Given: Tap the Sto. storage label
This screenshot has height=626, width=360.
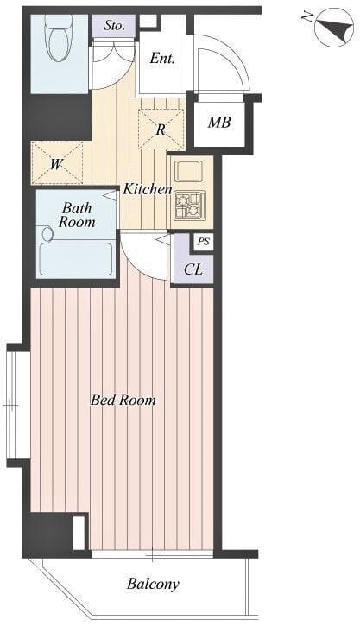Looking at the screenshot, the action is (115, 26).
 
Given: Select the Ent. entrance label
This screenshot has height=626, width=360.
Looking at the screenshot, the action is (162, 59).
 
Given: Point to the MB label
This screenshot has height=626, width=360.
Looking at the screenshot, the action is (219, 123).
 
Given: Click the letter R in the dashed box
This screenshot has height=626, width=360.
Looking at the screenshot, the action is (161, 130).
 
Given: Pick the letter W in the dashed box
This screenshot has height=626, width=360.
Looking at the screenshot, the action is (56, 163).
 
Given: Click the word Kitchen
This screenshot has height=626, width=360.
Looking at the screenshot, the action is (148, 189).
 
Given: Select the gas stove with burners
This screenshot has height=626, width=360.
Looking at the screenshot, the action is (190, 206).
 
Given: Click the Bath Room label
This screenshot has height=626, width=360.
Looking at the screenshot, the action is (77, 215).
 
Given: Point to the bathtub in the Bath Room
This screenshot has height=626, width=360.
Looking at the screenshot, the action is (76, 259).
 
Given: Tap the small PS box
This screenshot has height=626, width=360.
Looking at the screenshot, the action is (204, 243).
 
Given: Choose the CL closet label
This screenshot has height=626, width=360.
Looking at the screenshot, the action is (193, 269).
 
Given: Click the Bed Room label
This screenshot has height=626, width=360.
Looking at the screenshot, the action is (123, 400).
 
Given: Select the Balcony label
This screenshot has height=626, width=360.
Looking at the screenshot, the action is (153, 585).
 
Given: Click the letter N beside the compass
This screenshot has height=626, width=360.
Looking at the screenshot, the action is (307, 16).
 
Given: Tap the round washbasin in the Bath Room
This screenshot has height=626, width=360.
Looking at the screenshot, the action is (47, 234).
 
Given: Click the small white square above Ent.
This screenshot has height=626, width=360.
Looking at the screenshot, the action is (148, 21).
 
